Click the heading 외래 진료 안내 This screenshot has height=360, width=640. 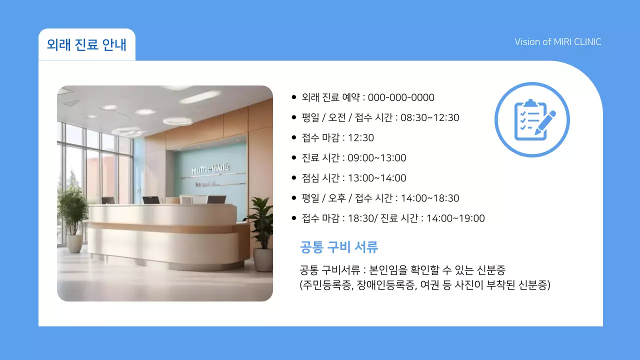coord(86,44)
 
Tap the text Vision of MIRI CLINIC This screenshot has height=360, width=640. coord(557,42)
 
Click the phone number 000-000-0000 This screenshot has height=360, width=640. coord(401,97)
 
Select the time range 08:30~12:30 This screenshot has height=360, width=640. coord(429,118)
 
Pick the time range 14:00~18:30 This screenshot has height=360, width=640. coord(429,198)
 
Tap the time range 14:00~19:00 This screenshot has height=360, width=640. coord(455,218)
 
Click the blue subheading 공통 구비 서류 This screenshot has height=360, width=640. coord(338,246)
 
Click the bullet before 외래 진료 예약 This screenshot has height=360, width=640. coord(294,97)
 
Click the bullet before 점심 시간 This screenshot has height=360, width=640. coord(294,178)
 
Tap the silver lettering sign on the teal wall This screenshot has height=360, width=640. coord(210,170)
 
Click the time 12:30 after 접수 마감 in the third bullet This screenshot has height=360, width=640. coord(360,138)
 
